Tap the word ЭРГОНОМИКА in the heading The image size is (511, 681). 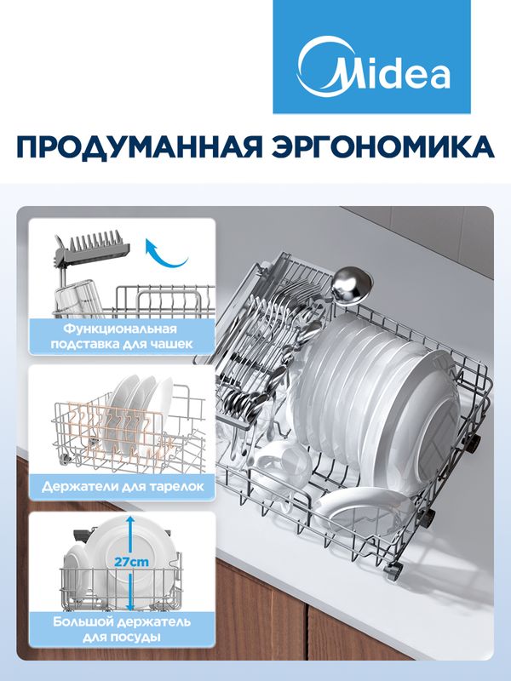[383, 147]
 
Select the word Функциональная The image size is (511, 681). [120, 329]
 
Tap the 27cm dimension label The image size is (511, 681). [131, 562]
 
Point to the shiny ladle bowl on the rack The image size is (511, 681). [352, 284]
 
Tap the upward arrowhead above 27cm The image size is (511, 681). [129, 520]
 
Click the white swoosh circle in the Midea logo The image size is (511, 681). [317, 67]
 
